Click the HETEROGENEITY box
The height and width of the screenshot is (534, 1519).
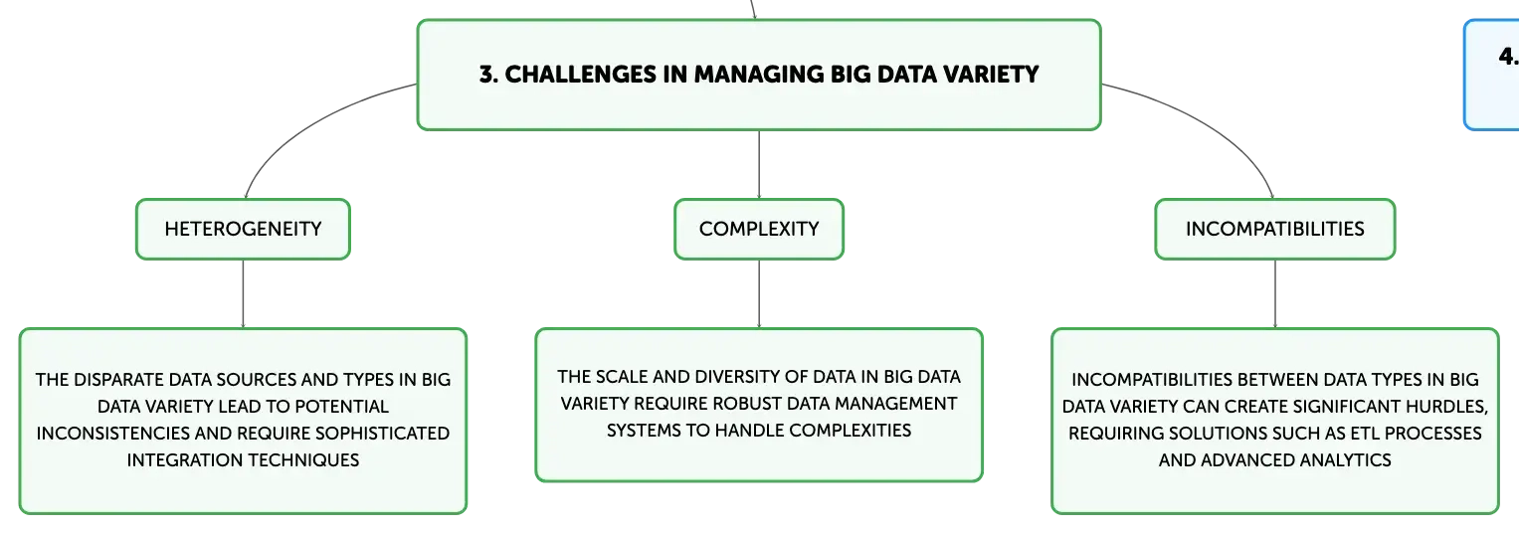243,229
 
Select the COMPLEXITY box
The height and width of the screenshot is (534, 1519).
759,229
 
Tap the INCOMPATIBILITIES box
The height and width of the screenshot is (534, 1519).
1275,229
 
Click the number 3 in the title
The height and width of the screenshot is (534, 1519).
486,75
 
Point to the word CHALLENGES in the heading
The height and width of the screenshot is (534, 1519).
581,75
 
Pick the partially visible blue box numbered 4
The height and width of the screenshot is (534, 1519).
1492,75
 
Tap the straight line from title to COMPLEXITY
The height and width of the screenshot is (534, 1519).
759,164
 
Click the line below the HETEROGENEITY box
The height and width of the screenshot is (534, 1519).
243,294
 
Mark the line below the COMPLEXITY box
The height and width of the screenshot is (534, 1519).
759,294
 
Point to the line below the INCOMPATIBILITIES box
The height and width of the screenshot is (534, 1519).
1275,294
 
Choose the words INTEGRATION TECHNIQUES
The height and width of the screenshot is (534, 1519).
243,460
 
